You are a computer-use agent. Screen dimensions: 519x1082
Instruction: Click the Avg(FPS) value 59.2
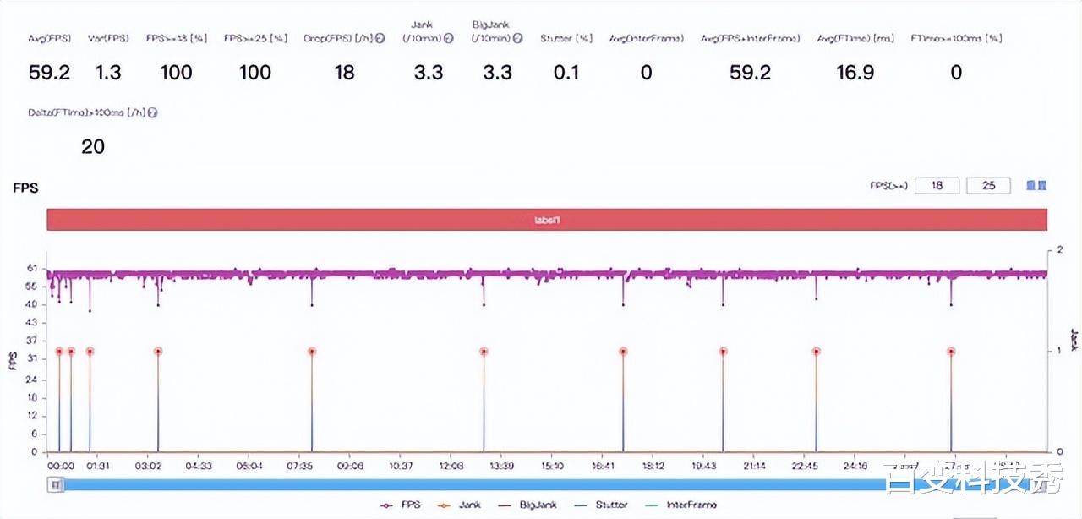49,73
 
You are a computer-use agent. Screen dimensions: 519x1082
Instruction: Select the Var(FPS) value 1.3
108,73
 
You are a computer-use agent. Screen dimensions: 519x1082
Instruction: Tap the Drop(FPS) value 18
344,73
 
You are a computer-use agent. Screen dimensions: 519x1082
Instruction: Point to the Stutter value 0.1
566,73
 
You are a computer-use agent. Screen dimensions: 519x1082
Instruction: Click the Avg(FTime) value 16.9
855,73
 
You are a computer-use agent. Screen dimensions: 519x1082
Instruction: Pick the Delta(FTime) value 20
93,147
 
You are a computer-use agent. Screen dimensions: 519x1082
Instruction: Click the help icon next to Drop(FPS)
380,39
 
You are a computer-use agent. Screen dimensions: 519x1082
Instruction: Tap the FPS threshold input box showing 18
937,185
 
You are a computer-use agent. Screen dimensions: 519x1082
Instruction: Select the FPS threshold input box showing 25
988,185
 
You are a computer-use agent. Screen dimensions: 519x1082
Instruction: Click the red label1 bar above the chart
547,220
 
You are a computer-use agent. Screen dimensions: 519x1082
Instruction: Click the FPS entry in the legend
398,505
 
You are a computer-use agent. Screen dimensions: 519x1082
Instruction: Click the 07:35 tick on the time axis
300,466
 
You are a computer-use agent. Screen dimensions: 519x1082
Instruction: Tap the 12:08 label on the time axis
451,466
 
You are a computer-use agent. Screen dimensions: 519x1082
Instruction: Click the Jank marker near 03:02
158,352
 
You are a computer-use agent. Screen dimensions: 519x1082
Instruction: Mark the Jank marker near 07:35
312,352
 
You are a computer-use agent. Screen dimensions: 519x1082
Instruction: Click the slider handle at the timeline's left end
56,485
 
